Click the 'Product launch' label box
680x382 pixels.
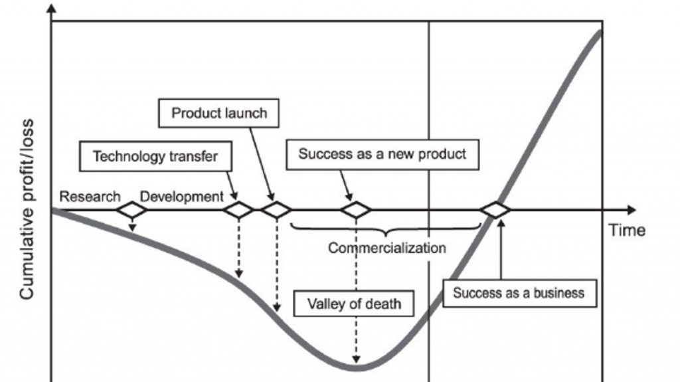219,113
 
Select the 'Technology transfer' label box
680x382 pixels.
155,157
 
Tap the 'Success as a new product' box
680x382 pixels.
382,154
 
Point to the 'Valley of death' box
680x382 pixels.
354,304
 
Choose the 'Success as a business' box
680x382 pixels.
518,292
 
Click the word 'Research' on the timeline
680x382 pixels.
90,197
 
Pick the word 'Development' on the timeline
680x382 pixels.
182,197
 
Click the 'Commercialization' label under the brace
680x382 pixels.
387,248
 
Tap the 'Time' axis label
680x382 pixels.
627,231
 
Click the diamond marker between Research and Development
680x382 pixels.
131,211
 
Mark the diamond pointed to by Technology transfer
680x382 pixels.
238,211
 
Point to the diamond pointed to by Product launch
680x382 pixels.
276,211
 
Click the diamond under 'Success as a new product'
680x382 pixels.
356,211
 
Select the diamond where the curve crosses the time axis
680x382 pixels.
495,211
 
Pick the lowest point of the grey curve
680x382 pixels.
356,365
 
